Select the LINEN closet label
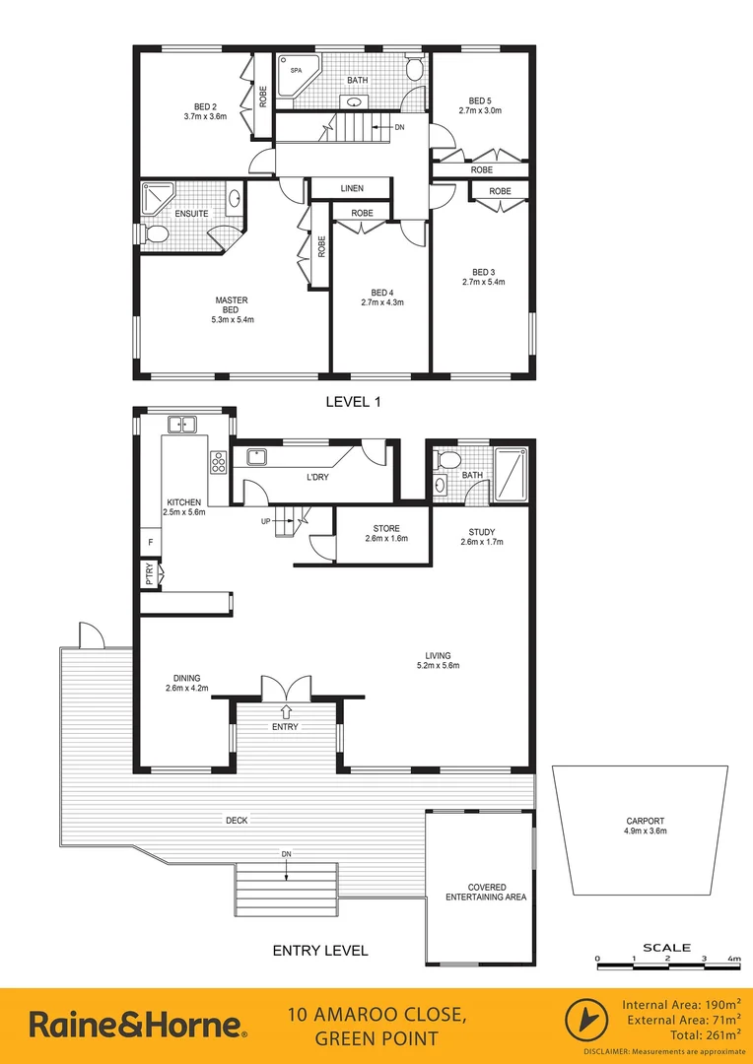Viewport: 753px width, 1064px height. point(352,188)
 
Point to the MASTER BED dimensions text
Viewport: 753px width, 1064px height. point(232,319)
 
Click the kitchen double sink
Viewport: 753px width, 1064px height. point(182,425)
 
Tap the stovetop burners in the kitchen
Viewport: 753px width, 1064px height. point(218,460)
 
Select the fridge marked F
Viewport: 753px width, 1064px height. point(151,542)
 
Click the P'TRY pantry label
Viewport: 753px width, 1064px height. point(150,574)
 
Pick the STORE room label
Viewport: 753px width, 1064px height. point(384,529)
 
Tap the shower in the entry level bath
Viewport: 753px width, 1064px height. point(510,472)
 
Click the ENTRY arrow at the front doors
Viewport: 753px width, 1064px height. point(286,710)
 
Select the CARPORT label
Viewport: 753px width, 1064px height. point(646,821)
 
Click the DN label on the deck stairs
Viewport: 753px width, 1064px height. point(286,853)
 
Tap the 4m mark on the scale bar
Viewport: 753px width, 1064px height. point(735,958)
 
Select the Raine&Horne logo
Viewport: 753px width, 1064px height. point(138,1026)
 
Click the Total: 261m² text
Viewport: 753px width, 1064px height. point(699,1035)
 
